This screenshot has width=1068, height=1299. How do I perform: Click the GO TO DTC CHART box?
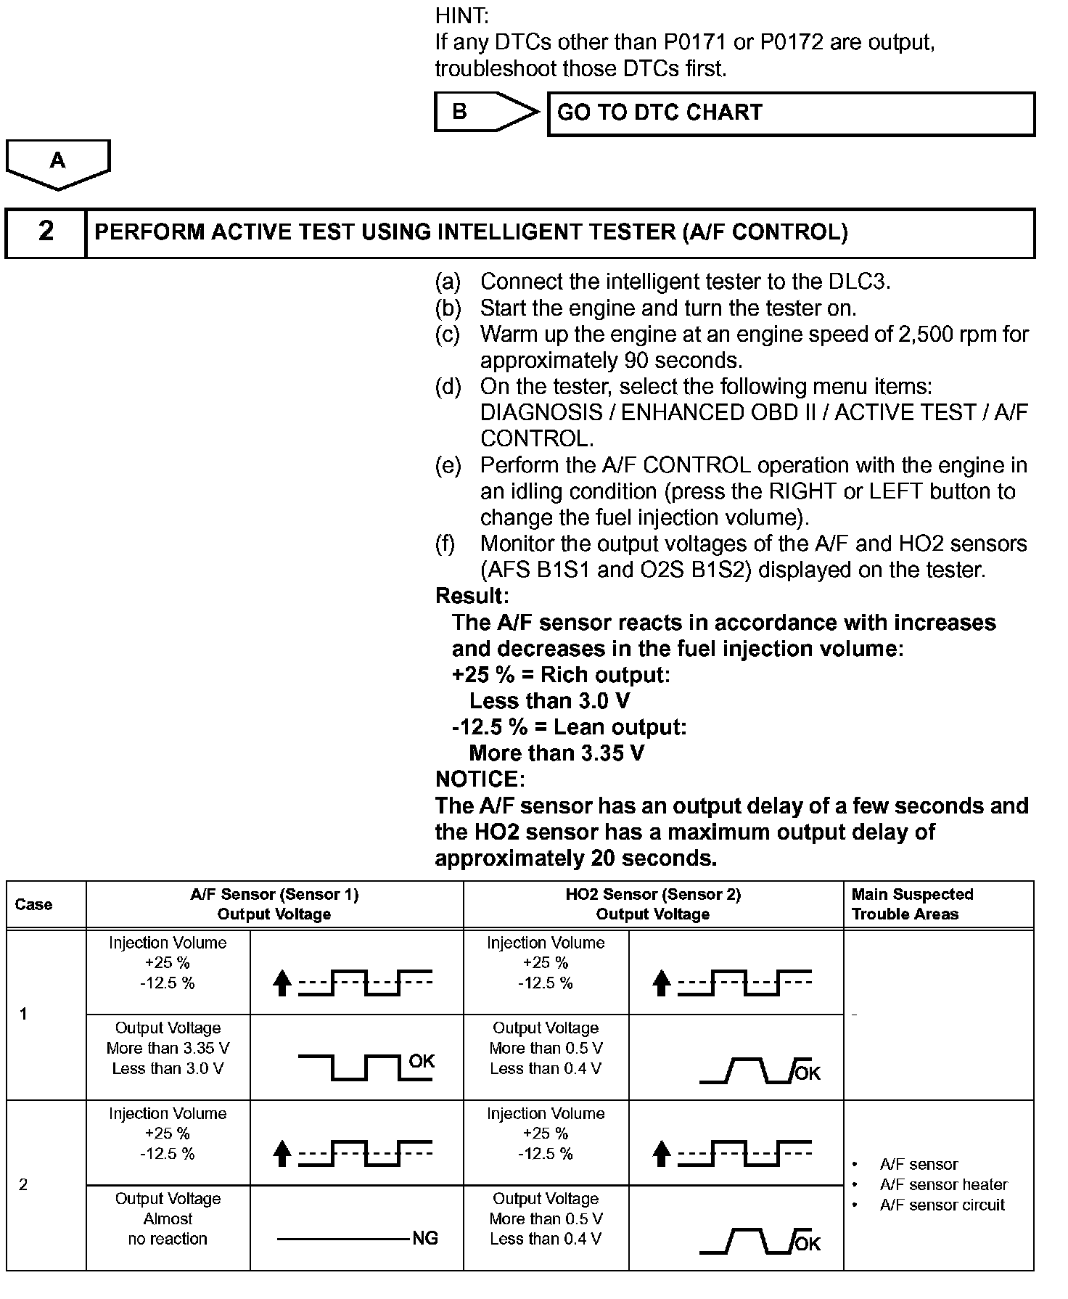pyautogui.click(x=791, y=114)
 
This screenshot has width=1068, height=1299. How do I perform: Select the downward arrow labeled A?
pyautogui.click(x=57, y=163)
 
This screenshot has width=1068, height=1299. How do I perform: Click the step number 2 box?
pyautogui.click(x=46, y=232)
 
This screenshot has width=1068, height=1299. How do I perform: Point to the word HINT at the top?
pyautogui.click(x=461, y=15)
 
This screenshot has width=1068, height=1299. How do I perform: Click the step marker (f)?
pyautogui.click(x=445, y=544)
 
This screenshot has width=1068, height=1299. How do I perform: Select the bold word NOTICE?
pyautogui.click(x=480, y=779)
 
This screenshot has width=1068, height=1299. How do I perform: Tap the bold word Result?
pyautogui.click(x=472, y=596)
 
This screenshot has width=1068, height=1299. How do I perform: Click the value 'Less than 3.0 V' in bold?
pyautogui.click(x=549, y=701)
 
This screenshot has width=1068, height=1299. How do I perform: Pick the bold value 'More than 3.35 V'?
pyautogui.click(x=556, y=753)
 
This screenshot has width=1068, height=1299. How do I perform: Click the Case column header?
pyautogui.click(x=34, y=904)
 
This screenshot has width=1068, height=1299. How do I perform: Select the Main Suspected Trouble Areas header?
pyautogui.click(x=912, y=904)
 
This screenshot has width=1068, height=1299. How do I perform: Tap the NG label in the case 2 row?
pyautogui.click(x=425, y=1239)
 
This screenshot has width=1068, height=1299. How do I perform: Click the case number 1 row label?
pyautogui.click(x=23, y=1014)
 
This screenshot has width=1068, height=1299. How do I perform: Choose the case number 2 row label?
pyautogui.click(x=23, y=1184)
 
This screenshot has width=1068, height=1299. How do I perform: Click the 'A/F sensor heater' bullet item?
pyautogui.click(x=943, y=1184)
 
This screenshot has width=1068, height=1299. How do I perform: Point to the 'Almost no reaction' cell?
pyautogui.click(x=168, y=1219)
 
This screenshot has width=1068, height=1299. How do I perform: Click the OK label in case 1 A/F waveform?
pyautogui.click(x=422, y=1061)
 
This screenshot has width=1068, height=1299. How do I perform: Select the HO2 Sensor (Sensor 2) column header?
pyautogui.click(x=653, y=904)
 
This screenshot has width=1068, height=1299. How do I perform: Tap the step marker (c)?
pyautogui.click(x=447, y=335)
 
